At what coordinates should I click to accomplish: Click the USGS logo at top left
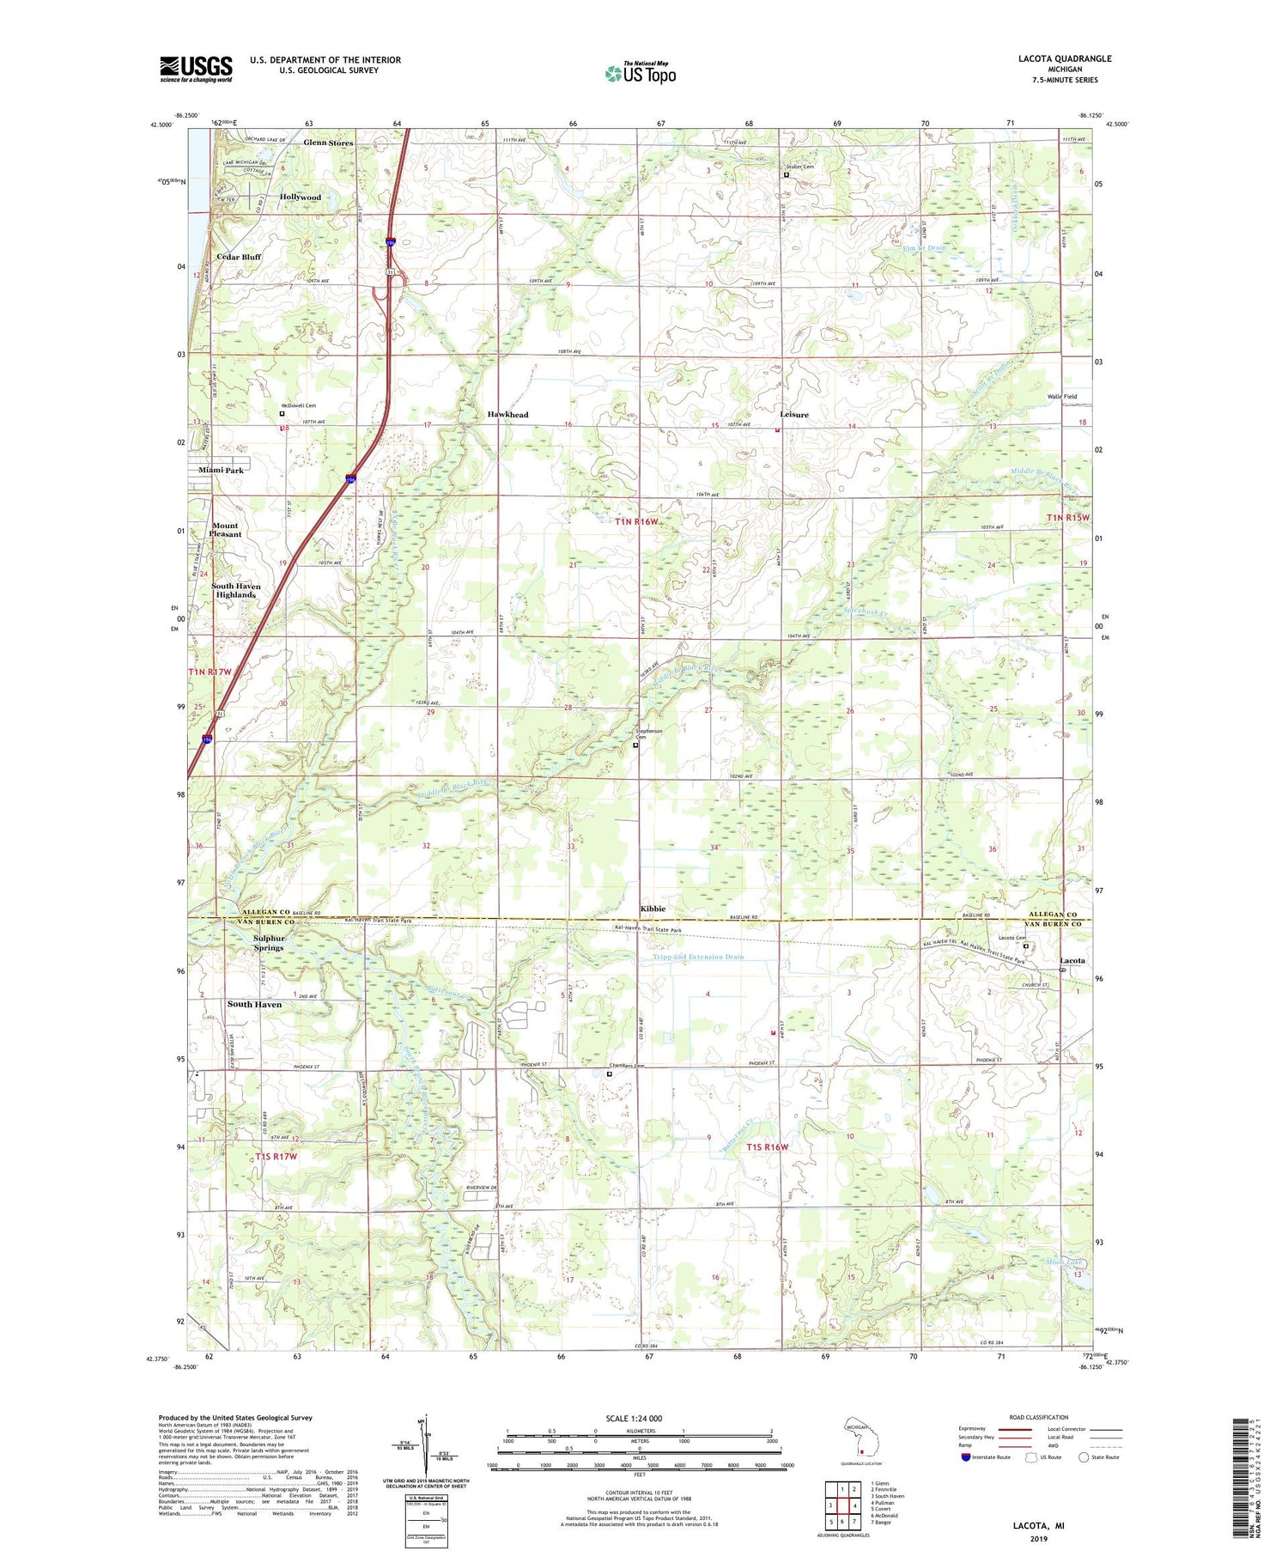click(196, 69)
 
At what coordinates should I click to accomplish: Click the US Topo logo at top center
click(640, 73)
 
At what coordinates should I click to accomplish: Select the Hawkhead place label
click(507, 415)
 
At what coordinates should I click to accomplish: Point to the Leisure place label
click(793, 415)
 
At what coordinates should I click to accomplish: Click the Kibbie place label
click(653, 909)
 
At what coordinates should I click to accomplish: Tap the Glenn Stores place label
click(328, 143)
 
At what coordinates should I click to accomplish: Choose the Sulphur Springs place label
click(268, 943)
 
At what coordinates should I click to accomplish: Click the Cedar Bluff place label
click(239, 257)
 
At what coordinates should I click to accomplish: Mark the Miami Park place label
click(222, 471)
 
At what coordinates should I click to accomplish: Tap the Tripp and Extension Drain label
click(698, 957)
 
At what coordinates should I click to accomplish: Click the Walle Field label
click(1061, 397)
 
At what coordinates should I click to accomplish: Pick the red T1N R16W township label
click(636, 521)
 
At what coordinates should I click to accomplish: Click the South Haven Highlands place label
click(235, 590)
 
